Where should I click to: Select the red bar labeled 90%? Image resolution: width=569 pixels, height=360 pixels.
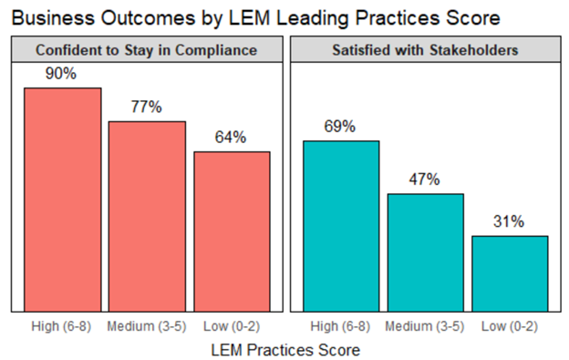pyautogui.click(x=63, y=201)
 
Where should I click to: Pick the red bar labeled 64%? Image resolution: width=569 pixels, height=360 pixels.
pyautogui.click(x=232, y=232)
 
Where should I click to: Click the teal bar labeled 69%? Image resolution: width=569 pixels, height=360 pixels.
pyautogui.click(x=341, y=227)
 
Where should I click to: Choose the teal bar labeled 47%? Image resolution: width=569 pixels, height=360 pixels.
pyautogui.click(x=425, y=253)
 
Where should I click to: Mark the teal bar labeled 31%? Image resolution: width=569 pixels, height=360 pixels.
pyautogui.click(x=510, y=274)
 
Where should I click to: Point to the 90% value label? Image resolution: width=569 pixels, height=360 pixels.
pyautogui.click(x=63, y=74)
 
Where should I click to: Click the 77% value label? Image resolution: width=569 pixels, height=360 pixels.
pyautogui.click(x=147, y=107)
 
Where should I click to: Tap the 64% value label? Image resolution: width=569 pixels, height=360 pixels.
pyautogui.click(x=232, y=138)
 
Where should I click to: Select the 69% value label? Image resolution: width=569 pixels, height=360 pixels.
pyautogui.click(x=341, y=127)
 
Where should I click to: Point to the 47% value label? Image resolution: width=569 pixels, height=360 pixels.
pyautogui.click(x=425, y=180)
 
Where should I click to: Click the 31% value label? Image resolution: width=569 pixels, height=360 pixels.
pyautogui.click(x=510, y=221)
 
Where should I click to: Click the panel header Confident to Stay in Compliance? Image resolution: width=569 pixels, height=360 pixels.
pyautogui.click(x=147, y=49)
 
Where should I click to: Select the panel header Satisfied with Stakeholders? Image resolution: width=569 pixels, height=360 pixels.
pyautogui.click(x=425, y=49)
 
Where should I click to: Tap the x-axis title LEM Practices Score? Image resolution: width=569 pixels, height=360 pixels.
pyautogui.click(x=285, y=348)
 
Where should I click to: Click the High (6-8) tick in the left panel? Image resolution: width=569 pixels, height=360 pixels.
pyautogui.click(x=63, y=325)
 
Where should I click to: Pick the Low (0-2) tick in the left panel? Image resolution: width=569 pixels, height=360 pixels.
pyautogui.click(x=232, y=325)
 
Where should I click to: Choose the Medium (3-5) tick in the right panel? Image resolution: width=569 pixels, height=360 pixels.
pyautogui.click(x=425, y=325)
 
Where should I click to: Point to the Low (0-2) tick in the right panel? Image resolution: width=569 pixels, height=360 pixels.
pyautogui.click(x=510, y=325)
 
